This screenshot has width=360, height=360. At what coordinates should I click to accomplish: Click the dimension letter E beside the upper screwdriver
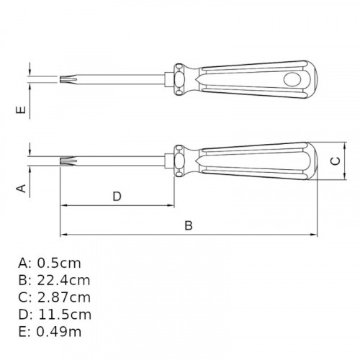22,110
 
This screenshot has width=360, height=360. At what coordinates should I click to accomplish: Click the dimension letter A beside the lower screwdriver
22,188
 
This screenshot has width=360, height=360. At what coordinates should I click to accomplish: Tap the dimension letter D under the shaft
117,196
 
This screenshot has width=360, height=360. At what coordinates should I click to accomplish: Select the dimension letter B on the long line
189,225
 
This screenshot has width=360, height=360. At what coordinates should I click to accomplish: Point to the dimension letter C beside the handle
335,161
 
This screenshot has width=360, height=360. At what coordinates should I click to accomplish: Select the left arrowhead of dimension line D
63,206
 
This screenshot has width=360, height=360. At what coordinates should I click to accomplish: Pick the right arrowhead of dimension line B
315,235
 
